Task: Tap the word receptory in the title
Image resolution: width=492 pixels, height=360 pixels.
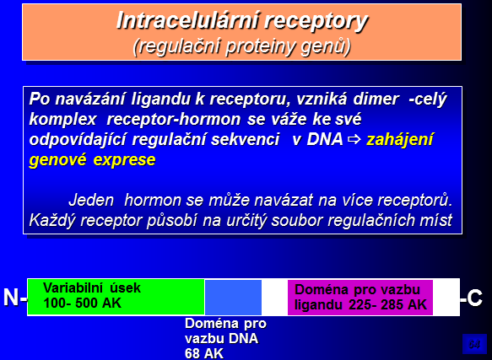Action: pyautogui.click(x=316, y=23)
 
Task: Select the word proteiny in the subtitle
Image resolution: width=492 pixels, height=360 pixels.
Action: pyautogui.click(x=260, y=47)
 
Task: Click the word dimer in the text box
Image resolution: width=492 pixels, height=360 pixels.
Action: pyautogui.click(x=376, y=99)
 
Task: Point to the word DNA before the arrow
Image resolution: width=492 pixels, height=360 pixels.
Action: pyautogui.click(x=325, y=139)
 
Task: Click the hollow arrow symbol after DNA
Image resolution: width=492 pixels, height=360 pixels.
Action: pyautogui.click(x=354, y=140)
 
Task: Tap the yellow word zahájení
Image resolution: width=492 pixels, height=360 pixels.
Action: pyautogui.click(x=400, y=140)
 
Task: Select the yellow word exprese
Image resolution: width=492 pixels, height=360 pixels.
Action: pyautogui.click(x=124, y=160)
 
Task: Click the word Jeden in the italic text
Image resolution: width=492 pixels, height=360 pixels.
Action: pyautogui.click(x=91, y=200)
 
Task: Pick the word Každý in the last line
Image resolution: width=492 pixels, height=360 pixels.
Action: pyautogui.click(x=52, y=220)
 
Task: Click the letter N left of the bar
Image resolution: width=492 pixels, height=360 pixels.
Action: pyautogui.click(x=11, y=298)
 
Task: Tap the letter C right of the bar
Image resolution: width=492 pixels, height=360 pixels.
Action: pyautogui.click(x=474, y=298)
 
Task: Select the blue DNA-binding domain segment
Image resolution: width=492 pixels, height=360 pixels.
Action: pyautogui.click(x=233, y=298)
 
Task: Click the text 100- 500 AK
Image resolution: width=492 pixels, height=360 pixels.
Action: pyautogui.click(x=82, y=304)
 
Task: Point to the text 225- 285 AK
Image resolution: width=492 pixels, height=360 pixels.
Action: pyautogui.click(x=388, y=304)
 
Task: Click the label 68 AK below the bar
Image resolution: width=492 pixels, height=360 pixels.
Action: pyautogui.click(x=204, y=354)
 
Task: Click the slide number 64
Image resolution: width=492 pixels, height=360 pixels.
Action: pyautogui.click(x=474, y=345)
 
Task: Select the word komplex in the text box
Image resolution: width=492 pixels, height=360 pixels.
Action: pyautogui.click(x=62, y=120)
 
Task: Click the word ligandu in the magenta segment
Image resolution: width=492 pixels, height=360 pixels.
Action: pyautogui.click(x=318, y=305)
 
